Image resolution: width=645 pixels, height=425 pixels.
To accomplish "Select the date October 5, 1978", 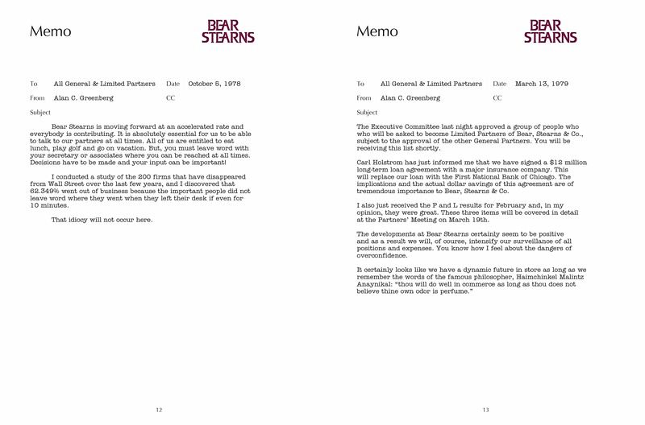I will click(214, 83).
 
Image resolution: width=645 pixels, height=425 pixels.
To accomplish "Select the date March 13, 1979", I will click(538, 83).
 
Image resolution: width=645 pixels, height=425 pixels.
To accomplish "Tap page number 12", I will click(160, 411).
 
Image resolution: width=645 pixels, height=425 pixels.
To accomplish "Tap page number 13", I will click(486, 411).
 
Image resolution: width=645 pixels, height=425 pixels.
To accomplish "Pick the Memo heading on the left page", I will click(50, 33).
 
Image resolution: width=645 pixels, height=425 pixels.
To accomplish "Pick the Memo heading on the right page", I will click(377, 33).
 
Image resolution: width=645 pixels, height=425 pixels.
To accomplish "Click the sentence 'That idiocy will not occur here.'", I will click(102, 221).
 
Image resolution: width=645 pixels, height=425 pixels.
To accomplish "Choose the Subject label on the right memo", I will click(367, 112).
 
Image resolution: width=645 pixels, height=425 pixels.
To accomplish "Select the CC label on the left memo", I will click(170, 97).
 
